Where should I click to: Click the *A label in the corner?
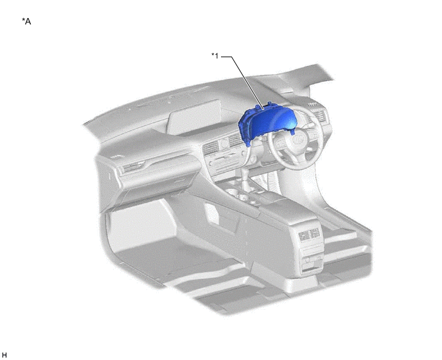click(x=26, y=21)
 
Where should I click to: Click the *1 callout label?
click(x=215, y=56)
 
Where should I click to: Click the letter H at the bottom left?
click(x=4, y=355)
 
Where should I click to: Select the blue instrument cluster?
click(x=267, y=123)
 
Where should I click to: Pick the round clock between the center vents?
click(x=224, y=144)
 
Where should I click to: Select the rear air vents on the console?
click(x=309, y=235)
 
